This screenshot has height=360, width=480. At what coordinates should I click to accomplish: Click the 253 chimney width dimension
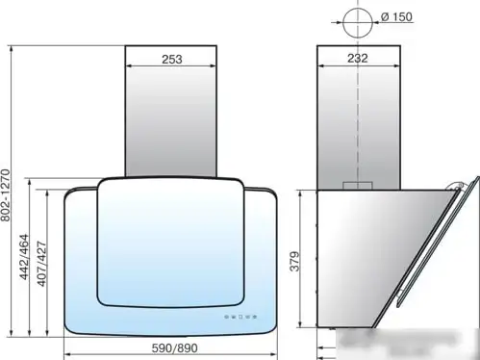coord(172,60)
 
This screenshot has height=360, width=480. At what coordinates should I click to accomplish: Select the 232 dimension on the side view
coord(358,59)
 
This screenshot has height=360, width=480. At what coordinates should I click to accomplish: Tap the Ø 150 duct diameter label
coord(396,16)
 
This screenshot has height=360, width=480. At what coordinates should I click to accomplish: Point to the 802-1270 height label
coord(6,195)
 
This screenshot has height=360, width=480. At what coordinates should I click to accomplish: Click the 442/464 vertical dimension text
coord(24,257)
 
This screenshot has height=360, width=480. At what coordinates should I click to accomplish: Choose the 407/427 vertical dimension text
coord(41,264)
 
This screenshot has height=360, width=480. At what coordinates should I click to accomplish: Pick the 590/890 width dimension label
coord(175,348)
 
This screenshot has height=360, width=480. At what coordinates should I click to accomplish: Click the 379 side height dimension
coord(295,262)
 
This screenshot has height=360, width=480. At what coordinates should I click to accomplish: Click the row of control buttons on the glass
coord(240,317)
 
